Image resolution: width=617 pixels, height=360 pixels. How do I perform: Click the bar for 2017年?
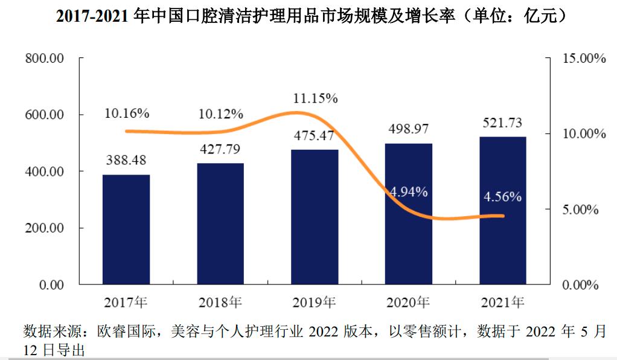pyautogui.click(x=126, y=230)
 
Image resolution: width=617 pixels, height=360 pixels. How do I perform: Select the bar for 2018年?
pyautogui.click(x=220, y=223)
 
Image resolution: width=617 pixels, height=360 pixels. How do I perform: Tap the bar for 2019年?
pyautogui.click(x=315, y=217)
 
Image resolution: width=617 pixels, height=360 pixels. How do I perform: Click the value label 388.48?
pyautogui.click(x=126, y=161)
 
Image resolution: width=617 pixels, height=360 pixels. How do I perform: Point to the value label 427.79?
pyautogui.click(x=220, y=150)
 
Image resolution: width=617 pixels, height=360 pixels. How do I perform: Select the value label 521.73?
pyautogui.click(x=503, y=123)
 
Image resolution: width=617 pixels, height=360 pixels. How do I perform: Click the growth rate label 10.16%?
pyautogui.click(x=126, y=113)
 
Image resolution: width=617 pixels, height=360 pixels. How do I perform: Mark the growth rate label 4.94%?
pyautogui.click(x=409, y=192)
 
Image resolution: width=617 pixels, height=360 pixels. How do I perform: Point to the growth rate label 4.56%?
pyautogui.click(x=503, y=196)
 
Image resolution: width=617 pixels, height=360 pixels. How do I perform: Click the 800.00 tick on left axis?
pyautogui.click(x=44, y=59)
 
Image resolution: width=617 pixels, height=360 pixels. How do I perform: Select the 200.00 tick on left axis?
pyautogui.click(x=44, y=228)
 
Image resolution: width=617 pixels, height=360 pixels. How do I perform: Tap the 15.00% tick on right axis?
pyautogui.click(x=583, y=59)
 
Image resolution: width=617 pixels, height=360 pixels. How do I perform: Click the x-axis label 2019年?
pyautogui.click(x=315, y=301)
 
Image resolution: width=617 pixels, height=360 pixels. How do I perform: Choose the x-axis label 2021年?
pyautogui.click(x=503, y=301)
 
